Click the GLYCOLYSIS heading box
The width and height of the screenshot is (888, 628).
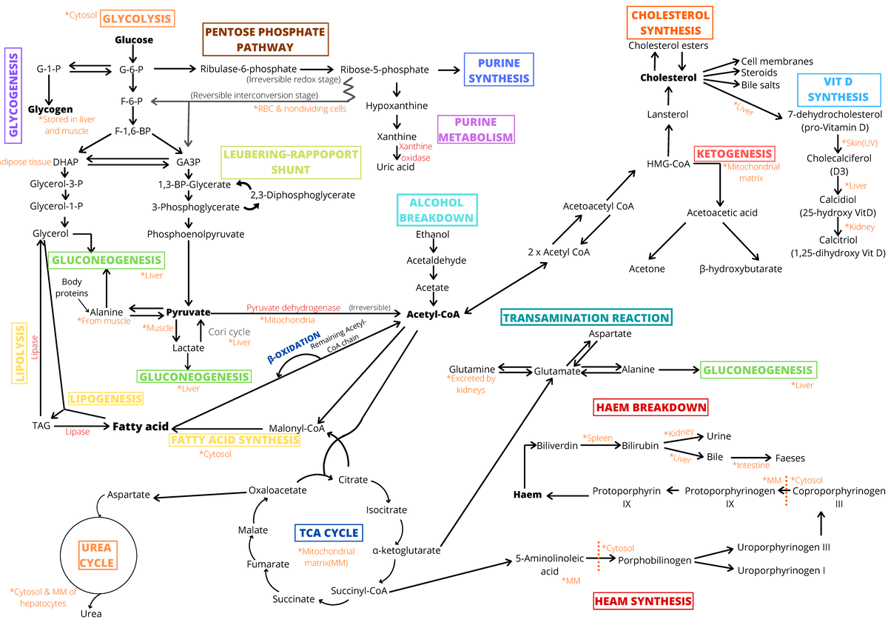(137, 19)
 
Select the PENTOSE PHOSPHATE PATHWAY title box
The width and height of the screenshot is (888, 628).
(265, 39)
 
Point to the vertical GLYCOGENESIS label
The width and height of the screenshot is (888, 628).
(13, 95)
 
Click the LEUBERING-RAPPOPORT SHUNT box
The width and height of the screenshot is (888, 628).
(290, 162)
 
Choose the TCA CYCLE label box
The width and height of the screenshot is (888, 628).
(328, 532)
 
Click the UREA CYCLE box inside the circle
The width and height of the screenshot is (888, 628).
(97, 555)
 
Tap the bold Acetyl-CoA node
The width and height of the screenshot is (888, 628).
(433, 314)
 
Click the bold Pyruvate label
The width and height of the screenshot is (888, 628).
(188, 312)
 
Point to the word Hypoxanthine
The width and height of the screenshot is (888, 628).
(397, 106)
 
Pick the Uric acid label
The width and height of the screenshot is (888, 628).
(396, 167)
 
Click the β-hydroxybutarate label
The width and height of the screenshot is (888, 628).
(740, 269)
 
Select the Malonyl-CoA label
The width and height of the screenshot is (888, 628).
(297, 427)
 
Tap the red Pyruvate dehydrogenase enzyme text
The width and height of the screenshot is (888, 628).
(293, 307)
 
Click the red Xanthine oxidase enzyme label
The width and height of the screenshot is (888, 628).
(415, 153)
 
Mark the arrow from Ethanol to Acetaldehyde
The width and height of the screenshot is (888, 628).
(433, 247)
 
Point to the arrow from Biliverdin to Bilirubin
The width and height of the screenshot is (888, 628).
(597, 447)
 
